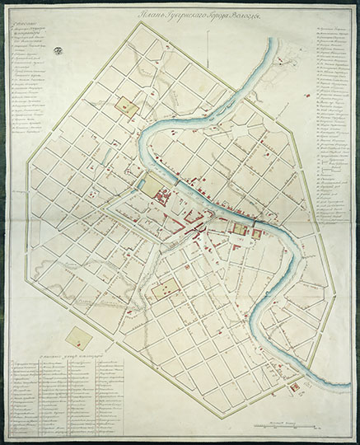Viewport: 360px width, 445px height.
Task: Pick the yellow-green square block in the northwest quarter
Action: [127, 106]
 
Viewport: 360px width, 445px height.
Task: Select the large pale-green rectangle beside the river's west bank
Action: [154, 185]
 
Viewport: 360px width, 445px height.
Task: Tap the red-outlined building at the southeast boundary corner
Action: [295, 386]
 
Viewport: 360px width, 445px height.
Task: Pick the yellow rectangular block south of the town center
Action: [166, 289]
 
